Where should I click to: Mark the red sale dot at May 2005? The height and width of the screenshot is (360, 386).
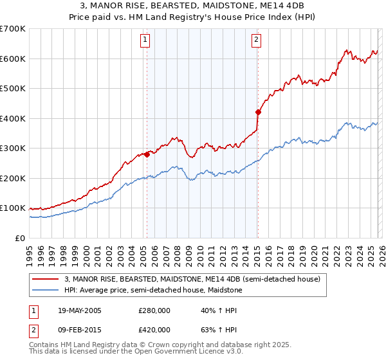(x=147, y=154)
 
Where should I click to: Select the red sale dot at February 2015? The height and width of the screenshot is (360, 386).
(x=258, y=112)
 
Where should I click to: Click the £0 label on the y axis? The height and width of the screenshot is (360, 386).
(x=21, y=238)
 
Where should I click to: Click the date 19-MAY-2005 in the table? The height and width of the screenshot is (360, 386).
(x=80, y=310)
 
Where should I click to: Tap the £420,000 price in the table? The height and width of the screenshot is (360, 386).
(x=154, y=330)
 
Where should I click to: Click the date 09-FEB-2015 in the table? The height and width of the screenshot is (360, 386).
(x=80, y=330)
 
